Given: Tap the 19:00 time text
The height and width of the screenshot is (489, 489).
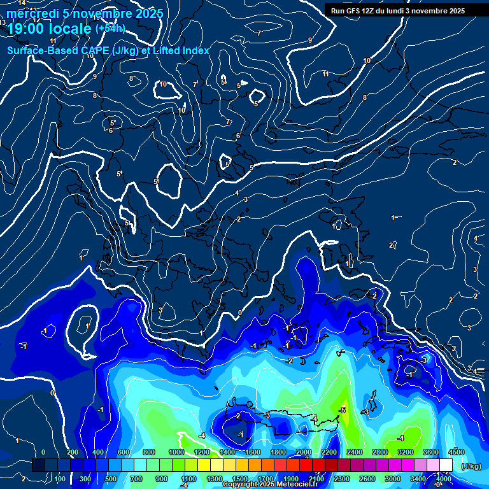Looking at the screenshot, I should coord(25,29).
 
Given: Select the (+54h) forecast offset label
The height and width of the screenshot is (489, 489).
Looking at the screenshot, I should coord(110,29).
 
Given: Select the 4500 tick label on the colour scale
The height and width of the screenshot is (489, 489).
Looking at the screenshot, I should coord(457,452).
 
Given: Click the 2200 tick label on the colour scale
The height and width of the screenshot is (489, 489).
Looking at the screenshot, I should coord(329,452).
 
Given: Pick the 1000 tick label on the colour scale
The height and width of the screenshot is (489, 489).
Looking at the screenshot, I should coord(176,452).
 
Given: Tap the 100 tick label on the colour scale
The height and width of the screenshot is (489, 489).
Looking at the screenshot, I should coord(60,479).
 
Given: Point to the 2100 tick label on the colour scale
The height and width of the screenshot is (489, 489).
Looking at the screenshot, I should coord(316,479).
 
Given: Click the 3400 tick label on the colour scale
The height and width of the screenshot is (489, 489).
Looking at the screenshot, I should coord(418,479).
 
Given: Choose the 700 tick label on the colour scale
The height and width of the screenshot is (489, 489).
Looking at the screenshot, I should coord(136,479).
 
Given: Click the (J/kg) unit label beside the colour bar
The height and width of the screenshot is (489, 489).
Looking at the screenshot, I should coord(471,466).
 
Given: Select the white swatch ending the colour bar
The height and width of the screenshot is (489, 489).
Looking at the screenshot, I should coord(446,465).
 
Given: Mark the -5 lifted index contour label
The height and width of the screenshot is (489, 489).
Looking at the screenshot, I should coord(343,410).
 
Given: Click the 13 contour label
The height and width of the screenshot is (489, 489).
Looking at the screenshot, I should coord(3,22).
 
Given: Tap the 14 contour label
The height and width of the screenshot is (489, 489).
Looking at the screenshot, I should coord(22,3).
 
